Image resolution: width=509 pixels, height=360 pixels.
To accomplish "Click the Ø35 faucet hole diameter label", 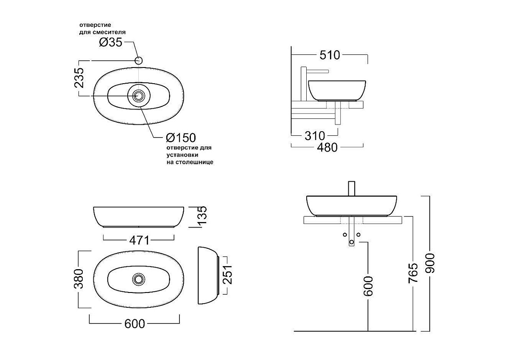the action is point(111,42).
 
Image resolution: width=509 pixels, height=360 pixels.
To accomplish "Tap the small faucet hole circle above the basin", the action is point(139,60).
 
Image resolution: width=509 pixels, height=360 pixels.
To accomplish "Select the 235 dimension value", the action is point(79,78).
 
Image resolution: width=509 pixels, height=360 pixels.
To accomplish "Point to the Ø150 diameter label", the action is point(181,138).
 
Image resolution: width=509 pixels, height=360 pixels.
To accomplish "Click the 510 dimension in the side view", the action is point(330,55).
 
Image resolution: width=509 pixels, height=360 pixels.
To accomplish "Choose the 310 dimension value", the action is point(315,136).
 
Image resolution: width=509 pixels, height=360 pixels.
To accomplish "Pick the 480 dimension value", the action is point(327,148).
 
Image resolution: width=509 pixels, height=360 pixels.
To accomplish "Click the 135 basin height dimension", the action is point(202,215).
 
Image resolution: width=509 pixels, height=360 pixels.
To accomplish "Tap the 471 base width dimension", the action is point(140,240).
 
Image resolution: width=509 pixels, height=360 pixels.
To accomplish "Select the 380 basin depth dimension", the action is point(78,278).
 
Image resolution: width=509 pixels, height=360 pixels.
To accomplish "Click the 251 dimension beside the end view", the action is point(228,275).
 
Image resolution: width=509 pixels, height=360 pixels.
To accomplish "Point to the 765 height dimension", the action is point(413,273).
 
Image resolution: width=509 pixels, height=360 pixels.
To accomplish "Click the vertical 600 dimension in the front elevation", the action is point(368,286).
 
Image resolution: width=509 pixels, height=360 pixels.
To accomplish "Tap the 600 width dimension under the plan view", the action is point(134,324).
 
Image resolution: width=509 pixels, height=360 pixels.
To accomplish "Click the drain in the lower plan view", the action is point(139,279).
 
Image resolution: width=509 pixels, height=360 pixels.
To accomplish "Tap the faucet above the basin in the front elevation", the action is point(352,188).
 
